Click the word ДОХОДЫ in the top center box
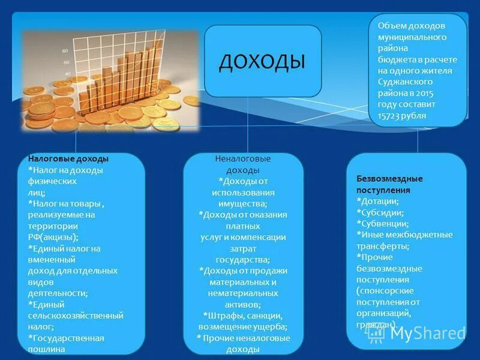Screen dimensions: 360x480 coord(262,61)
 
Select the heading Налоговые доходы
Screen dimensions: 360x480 coord(68,159)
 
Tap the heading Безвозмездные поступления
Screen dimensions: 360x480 coord(389,184)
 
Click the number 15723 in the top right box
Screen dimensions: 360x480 coord(391,115)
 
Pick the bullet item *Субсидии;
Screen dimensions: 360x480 coord(380,212)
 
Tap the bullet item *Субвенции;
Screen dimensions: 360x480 coord(383,223)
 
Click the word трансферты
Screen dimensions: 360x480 coord(383,246)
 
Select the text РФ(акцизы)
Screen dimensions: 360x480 coord(53,237)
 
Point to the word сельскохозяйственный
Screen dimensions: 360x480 coord(76,316)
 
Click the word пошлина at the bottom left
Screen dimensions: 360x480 coord(51,349)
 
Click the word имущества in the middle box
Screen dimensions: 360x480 coord(242,203)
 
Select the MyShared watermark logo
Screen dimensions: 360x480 coord(417,333)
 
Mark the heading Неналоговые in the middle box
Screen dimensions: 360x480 coord(242,159)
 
